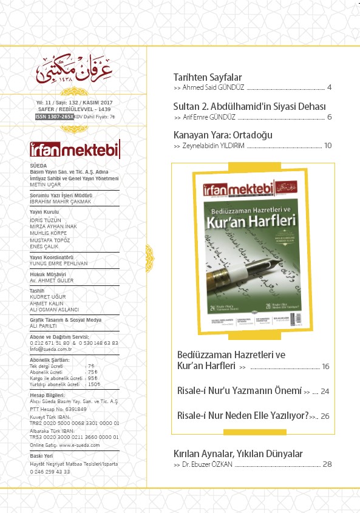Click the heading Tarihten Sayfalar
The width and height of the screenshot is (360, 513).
click(208, 77)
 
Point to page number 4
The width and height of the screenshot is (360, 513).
click(329, 88)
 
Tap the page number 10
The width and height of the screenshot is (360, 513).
click(328, 146)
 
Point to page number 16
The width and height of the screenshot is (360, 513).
click(325, 367)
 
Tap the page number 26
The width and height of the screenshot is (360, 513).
click(325, 416)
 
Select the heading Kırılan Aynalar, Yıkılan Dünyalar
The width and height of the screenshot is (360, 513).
click(238, 454)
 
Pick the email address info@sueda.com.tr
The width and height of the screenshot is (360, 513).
click(51, 349)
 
